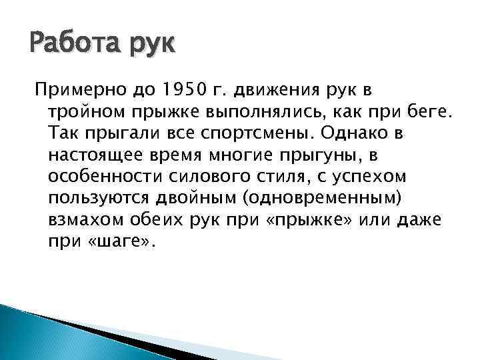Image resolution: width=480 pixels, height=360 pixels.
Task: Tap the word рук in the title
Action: point(150,47)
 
